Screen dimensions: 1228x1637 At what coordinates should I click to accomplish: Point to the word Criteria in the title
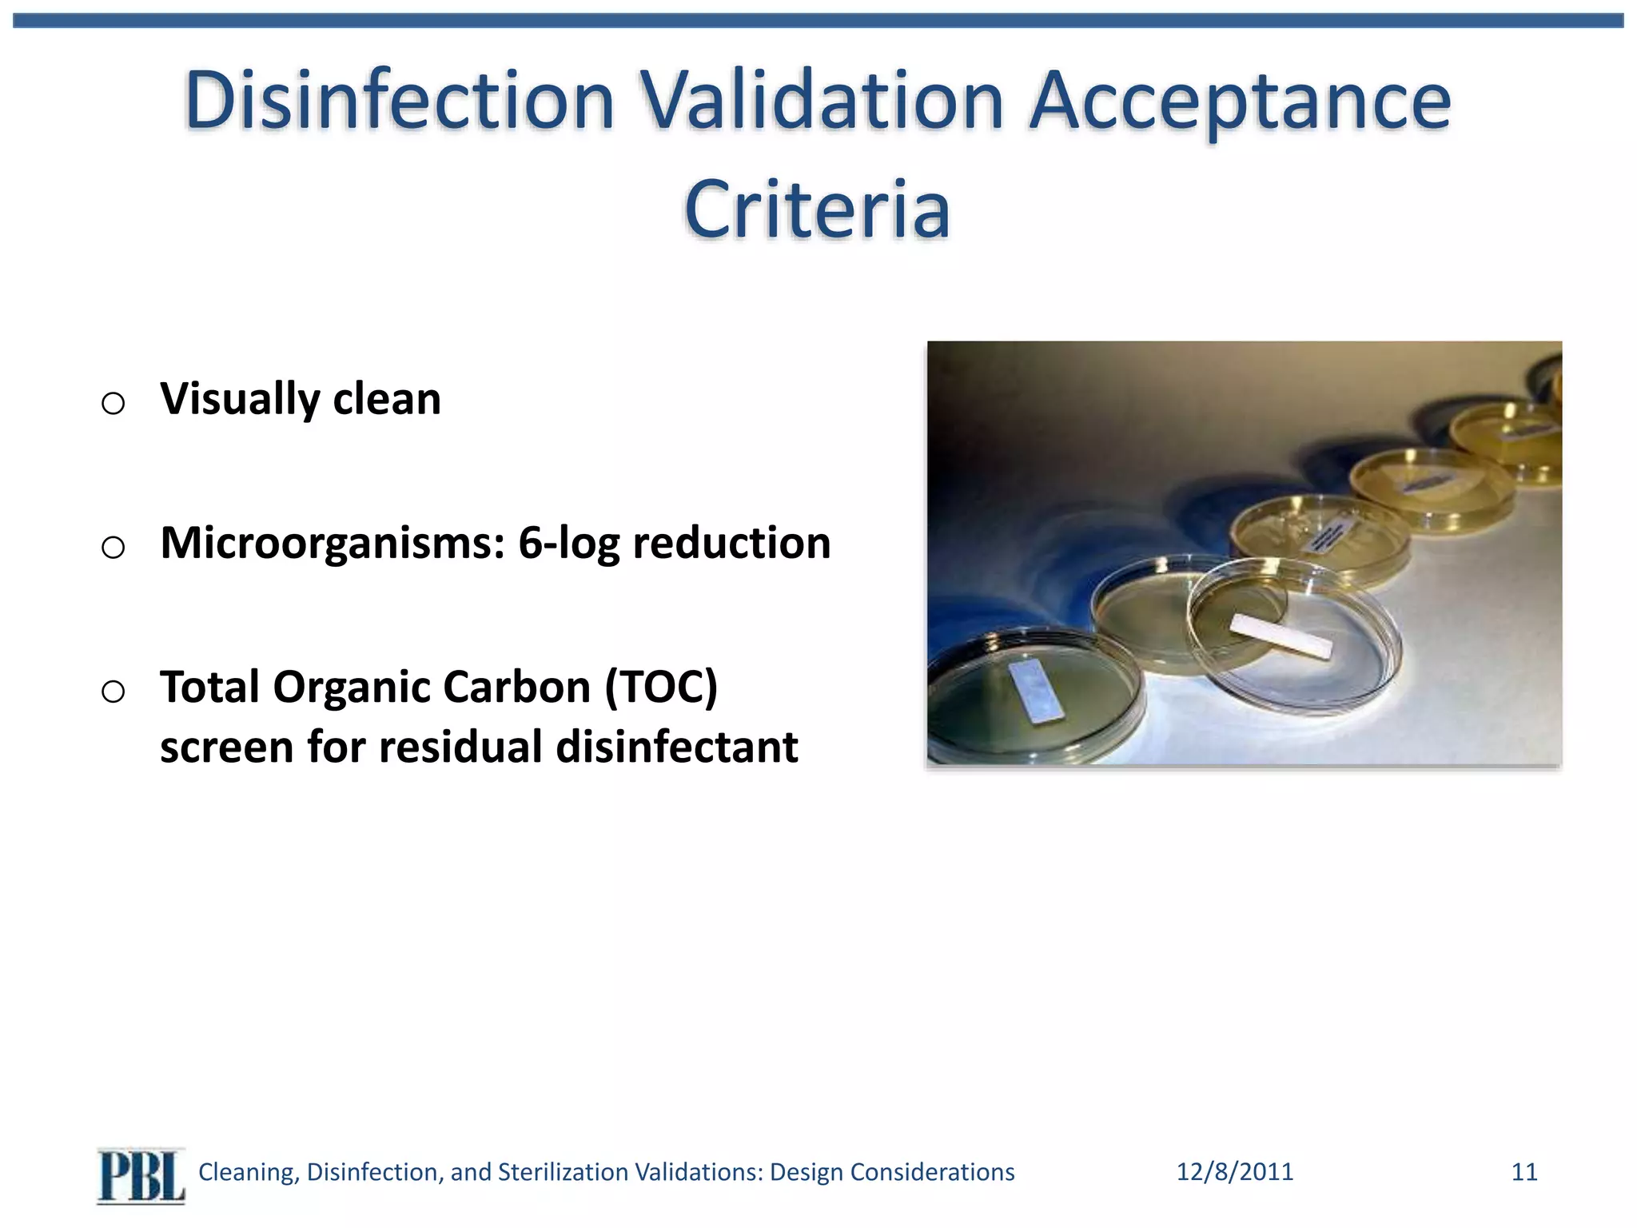click(x=817, y=209)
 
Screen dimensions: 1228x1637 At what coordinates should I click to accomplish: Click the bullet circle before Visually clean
click(x=114, y=403)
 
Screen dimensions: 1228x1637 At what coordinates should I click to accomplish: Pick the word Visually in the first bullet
click(x=239, y=400)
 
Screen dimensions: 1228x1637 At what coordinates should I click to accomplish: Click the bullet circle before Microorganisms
click(x=114, y=548)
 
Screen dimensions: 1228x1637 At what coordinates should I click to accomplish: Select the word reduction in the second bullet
click(x=731, y=543)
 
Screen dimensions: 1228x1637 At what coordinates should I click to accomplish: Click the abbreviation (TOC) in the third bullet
click(x=661, y=688)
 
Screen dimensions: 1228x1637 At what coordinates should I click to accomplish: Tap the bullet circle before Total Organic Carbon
click(x=114, y=692)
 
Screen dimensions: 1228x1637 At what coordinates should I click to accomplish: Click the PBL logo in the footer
click(x=141, y=1175)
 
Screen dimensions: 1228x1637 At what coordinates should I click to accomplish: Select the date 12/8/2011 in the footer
click(x=1234, y=1172)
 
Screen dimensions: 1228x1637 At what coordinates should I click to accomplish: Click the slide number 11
click(x=1523, y=1172)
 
